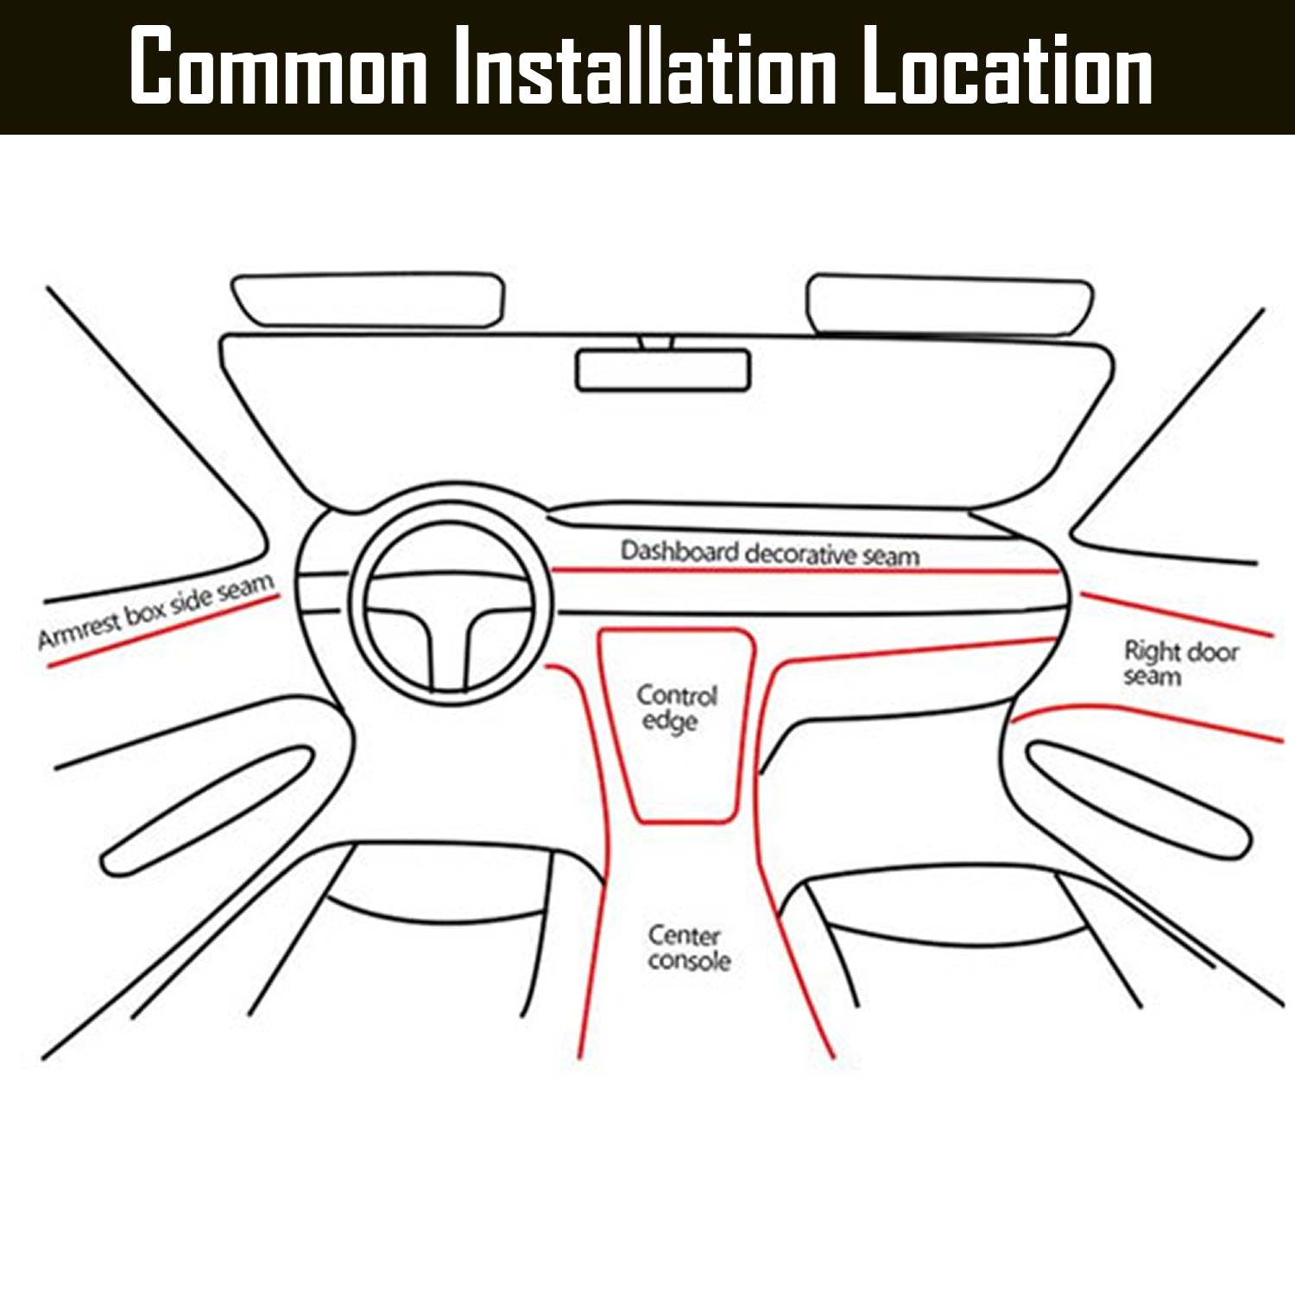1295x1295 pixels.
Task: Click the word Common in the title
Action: point(279,65)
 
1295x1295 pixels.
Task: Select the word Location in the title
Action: point(1008,65)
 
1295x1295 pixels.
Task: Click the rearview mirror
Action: point(663,370)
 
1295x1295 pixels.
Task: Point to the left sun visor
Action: point(368,300)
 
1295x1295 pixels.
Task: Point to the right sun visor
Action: point(950,306)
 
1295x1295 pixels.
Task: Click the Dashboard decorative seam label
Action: point(770,553)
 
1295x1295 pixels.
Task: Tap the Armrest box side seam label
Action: point(156,610)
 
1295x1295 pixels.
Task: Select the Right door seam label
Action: point(1180,662)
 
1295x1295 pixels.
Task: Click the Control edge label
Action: point(677,708)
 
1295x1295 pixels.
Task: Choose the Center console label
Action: point(688,947)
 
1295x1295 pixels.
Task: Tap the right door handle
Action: point(1138,799)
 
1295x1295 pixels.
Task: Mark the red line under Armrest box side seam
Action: point(163,631)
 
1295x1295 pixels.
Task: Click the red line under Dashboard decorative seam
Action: point(805,571)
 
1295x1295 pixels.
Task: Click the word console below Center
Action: point(689,960)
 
